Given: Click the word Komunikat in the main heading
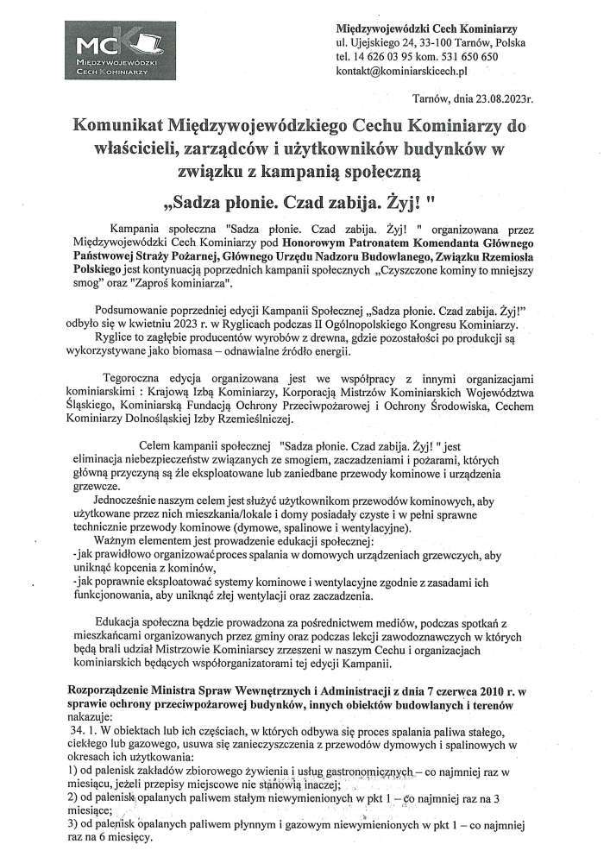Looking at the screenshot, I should (x=145, y=126).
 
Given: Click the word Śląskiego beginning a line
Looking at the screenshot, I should (x=94, y=405).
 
